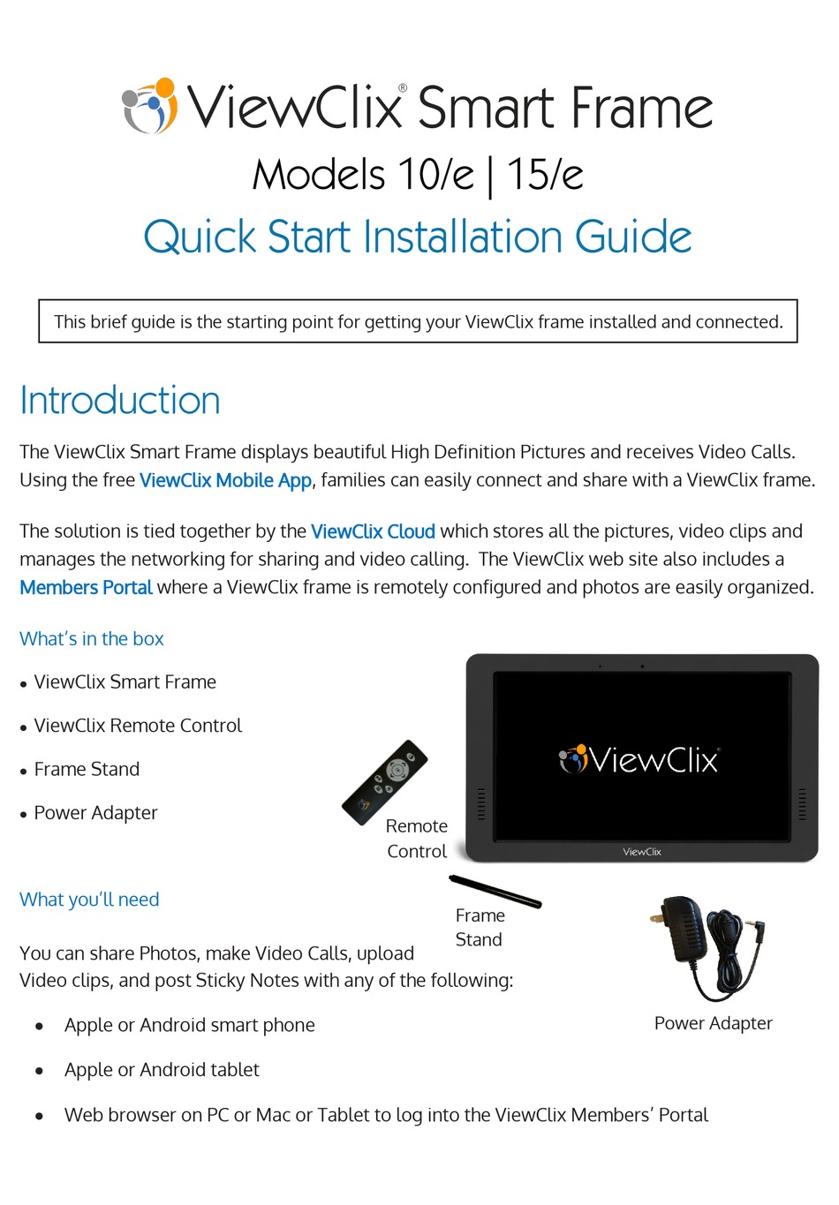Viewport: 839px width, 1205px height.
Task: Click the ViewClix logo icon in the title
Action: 149,107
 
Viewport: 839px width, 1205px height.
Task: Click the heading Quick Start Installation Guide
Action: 417,237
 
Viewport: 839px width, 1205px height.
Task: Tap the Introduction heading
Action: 120,401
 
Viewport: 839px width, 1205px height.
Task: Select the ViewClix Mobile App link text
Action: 225,480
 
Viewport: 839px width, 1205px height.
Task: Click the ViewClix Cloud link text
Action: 373,531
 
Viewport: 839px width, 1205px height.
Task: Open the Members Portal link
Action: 86,588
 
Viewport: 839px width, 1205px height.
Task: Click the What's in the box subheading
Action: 92,639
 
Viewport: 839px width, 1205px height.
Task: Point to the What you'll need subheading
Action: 89,900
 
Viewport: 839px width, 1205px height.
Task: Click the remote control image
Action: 385,782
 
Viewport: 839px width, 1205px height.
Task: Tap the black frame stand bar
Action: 495,891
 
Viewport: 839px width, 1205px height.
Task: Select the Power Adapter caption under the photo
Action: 713,1023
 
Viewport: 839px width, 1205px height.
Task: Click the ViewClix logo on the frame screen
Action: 640,759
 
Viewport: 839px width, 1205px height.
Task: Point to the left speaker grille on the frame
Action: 481,803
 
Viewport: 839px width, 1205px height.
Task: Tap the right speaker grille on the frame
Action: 802,803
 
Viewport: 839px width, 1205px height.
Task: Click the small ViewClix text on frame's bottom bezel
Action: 642,852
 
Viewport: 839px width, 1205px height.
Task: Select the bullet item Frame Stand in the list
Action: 87,770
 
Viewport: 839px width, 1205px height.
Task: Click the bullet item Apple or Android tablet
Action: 162,1070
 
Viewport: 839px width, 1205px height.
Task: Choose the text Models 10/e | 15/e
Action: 417,174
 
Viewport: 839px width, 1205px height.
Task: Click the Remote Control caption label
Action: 417,839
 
